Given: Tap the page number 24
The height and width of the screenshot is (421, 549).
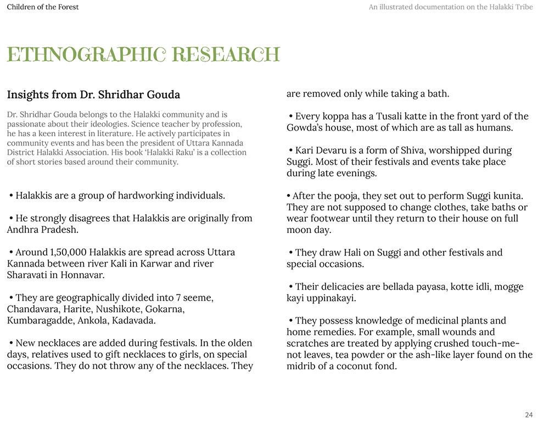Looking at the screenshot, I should pyautogui.click(x=529, y=415).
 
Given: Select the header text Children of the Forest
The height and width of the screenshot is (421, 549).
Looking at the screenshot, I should pyautogui.click(x=43, y=7).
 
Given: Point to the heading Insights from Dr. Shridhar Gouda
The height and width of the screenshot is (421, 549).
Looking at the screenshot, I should pyautogui.click(x=93, y=95).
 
